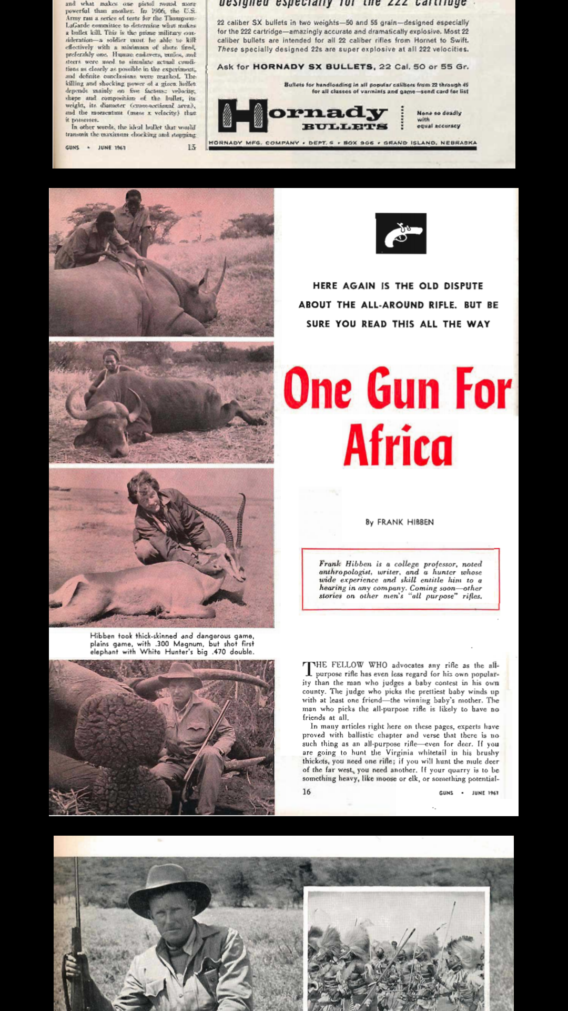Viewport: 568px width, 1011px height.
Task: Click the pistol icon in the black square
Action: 401,233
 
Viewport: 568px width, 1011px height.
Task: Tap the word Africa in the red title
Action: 398,445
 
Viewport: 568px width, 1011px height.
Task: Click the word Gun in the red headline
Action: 403,389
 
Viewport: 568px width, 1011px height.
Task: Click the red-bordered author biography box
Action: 400,579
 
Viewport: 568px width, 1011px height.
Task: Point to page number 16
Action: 307,791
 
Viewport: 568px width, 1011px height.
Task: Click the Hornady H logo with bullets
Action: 243,116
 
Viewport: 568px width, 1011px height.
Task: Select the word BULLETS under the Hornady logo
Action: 344,127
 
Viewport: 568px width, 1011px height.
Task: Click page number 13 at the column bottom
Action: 191,147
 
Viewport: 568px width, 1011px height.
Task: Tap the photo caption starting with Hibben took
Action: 171,643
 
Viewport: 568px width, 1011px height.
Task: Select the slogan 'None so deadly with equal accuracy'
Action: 439,120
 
